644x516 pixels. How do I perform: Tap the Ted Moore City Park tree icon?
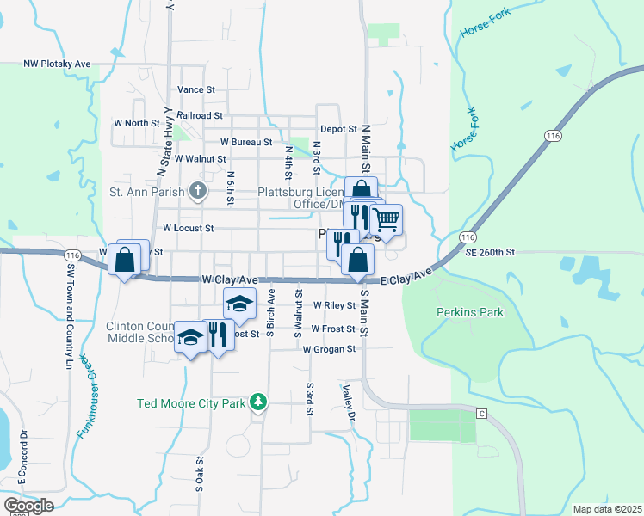coord(257,402)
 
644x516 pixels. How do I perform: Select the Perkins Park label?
coord(469,312)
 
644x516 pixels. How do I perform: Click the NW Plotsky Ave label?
coord(57,64)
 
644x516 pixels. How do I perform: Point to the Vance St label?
coord(195,89)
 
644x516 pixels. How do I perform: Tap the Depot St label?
coord(338,129)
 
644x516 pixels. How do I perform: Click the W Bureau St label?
coord(246,142)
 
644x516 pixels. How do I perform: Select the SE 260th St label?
coord(489,253)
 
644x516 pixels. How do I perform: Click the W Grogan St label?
coord(329,349)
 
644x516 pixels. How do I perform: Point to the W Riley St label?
coord(334,305)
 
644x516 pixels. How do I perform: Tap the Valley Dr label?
coord(348,402)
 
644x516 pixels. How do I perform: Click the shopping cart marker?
coord(387,219)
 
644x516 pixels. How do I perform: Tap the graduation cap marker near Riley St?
coord(240,302)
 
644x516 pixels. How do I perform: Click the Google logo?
coord(28,506)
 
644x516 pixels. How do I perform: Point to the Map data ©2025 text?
coord(607,509)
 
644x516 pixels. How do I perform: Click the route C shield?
coord(482,415)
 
